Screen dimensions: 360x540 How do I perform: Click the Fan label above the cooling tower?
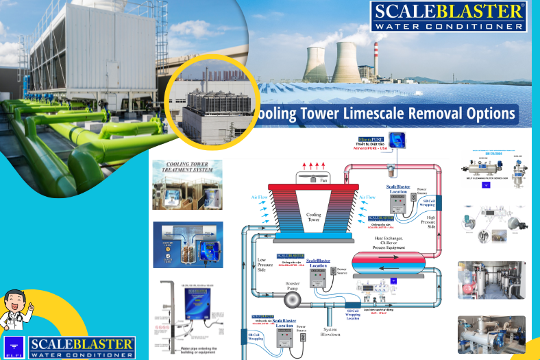click(323, 180)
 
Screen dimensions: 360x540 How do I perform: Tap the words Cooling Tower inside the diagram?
click(312, 217)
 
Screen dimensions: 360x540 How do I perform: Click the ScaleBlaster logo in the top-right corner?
click(449, 16)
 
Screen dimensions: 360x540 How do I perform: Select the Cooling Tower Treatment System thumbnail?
click(187, 184)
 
